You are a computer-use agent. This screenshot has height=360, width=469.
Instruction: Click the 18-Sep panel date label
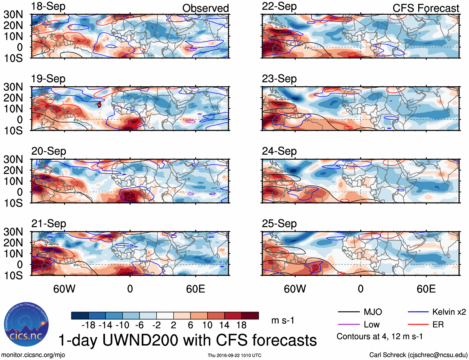pyautogui.click(x=48, y=7)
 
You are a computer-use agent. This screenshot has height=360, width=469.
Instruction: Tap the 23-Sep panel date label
pyautogui.click(x=279, y=79)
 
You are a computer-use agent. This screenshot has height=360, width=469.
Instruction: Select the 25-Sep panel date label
pyautogui.click(x=279, y=224)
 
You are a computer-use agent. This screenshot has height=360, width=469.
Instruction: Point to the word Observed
pyautogui.click(x=205, y=8)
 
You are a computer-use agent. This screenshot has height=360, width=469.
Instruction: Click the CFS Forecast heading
pyautogui.click(x=426, y=8)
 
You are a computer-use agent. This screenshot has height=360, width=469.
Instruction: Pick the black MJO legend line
pyautogui.click(x=348, y=312)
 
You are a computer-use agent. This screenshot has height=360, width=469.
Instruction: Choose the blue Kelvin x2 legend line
pyautogui.click(x=418, y=312)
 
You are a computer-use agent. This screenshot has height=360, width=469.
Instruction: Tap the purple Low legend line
pyautogui.click(x=348, y=325)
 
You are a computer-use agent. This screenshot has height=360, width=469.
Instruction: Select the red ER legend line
pyautogui.click(x=418, y=325)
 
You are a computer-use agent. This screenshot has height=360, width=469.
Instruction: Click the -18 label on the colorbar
pyautogui.click(x=88, y=325)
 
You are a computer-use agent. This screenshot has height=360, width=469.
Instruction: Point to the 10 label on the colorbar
pyautogui.click(x=207, y=325)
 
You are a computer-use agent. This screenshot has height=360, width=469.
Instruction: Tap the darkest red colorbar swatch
pyautogui.click(x=250, y=316)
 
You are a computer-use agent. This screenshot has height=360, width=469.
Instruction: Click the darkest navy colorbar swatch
pyautogui.click(x=80, y=316)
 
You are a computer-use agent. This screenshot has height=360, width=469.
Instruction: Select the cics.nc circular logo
pyautogui.click(x=26, y=325)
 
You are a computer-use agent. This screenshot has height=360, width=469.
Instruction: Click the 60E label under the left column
pyautogui.click(x=195, y=289)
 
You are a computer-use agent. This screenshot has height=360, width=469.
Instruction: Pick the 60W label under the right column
pyautogui.click(x=295, y=289)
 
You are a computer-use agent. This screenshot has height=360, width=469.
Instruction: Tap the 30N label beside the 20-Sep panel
pyautogui.click(x=13, y=160)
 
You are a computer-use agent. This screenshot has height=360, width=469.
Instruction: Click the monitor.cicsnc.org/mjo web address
pyautogui.click(x=33, y=355)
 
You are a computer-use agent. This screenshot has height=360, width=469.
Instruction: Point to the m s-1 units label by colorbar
pyautogui.click(x=283, y=321)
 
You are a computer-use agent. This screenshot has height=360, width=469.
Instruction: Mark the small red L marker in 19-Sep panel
pyautogui.click(x=99, y=105)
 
